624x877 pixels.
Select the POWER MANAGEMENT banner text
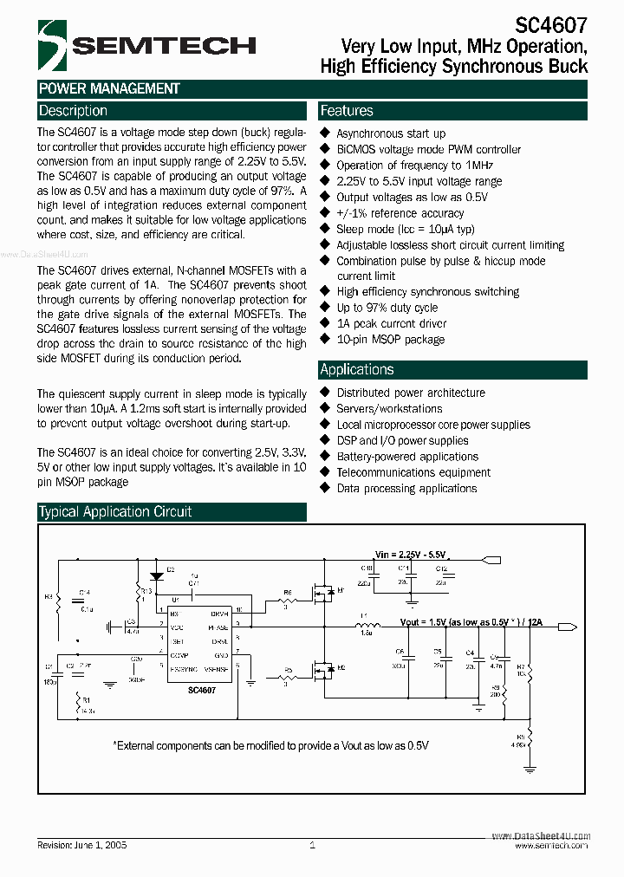(x=109, y=88)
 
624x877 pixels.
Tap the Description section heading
(x=74, y=111)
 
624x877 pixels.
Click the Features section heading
(x=347, y=111)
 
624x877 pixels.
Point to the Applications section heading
(x=357, y=369)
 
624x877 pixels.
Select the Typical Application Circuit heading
(x=115, y=512)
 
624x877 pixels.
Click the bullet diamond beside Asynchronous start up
(x=326, y=133)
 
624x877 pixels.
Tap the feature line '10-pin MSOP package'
(x=390, y=339)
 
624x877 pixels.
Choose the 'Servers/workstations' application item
(x=389, y=408)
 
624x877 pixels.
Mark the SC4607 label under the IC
(x=202, y=690)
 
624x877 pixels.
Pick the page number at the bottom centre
(x=312, y=844)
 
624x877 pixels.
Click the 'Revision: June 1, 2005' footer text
(x=82, y=844)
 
